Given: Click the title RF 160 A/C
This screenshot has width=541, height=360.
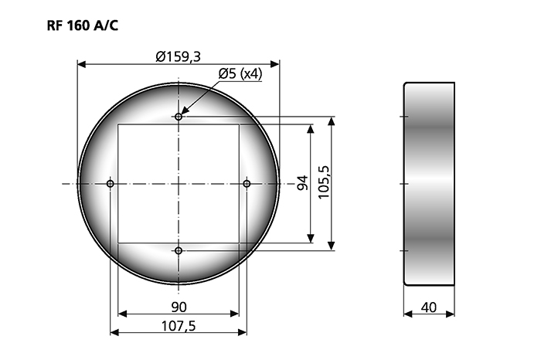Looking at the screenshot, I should tap(83, 25).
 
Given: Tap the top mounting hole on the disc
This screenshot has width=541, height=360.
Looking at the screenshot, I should tap(179, 117).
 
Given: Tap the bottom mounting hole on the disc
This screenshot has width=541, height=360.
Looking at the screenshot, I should tap(179, 251).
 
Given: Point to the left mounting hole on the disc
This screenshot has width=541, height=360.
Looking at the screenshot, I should tap(111, 184).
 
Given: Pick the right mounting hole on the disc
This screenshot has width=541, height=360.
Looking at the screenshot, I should tap(247, 184).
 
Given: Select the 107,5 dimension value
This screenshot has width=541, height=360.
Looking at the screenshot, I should tap(179, 326).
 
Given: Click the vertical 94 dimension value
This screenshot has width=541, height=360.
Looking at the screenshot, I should tap(302, 184).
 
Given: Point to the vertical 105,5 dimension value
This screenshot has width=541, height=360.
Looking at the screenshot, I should tap(324, 183).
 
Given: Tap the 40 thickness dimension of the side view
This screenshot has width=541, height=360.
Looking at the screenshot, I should tap(429, 307).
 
